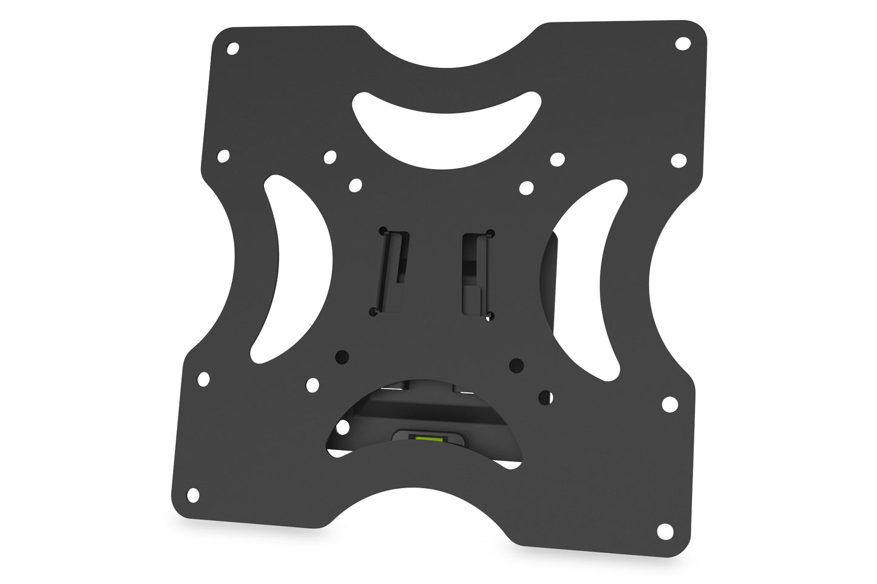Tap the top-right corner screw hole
683,44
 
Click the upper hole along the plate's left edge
223,156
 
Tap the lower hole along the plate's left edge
203,380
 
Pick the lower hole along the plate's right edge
669,403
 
